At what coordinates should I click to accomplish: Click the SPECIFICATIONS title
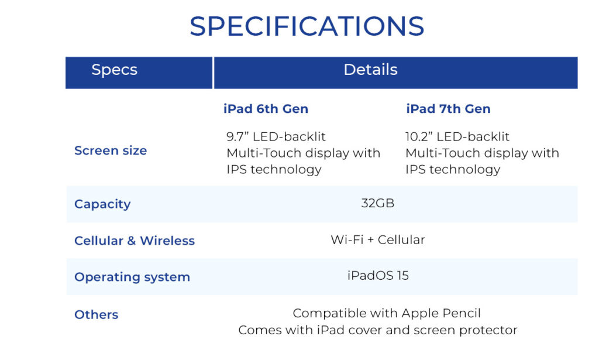click(x=307, y=26)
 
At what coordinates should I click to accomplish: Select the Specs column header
click(x=114, y=70)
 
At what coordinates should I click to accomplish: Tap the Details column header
click(x=370, y=70)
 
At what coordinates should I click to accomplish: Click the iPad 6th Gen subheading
click(x=266, y=109)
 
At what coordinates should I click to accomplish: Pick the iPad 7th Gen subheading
click(x=448, y=109)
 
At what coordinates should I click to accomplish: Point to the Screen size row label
click(x=111, y=151)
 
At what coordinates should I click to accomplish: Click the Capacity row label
click(x=102, y=204)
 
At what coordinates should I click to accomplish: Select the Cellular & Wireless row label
click(x=135, y=241)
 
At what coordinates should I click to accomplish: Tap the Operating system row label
click(x=132, y=277)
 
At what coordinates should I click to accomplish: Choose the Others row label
click(x=97, y=315)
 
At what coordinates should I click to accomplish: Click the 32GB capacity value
click(x=378, y=204)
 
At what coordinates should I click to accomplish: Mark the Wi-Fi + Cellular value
click(x=378, y=240)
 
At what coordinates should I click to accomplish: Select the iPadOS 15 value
click(x=378, y=276)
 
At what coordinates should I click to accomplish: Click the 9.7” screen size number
click(x=237, y=137)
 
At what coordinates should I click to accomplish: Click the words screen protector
click(x=474, y=330)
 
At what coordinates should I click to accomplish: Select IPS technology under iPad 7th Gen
click(x=453, y=170)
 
